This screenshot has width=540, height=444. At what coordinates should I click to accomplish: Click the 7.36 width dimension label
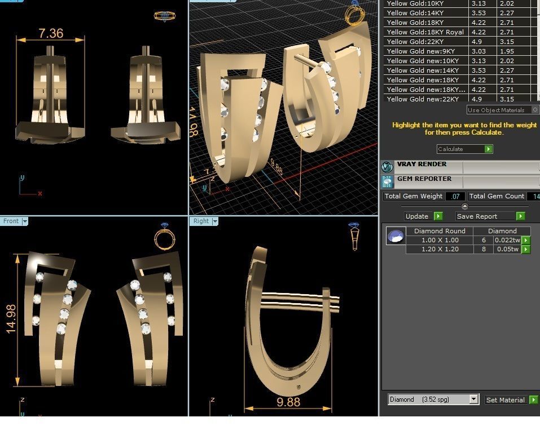tap(51, 34)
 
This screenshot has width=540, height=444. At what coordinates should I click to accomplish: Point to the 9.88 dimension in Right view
tap(288, 402)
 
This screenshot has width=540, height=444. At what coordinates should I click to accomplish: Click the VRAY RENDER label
tap(422, 165)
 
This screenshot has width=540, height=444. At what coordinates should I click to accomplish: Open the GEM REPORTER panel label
tap(424, 179)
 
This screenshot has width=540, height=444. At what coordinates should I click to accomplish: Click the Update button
tap(417, 216)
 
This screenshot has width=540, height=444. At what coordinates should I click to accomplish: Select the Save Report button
tap(477, 216)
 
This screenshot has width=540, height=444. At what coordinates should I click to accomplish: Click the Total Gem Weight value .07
tap(455, 197)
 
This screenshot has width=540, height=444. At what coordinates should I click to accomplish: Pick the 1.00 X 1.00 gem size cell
tap(440, 240)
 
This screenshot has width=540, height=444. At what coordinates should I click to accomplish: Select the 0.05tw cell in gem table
tap(506, 249)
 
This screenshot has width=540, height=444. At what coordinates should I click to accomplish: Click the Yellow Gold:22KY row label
tap(415, 42)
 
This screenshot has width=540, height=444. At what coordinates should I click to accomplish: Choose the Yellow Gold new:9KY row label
tap(420, 51)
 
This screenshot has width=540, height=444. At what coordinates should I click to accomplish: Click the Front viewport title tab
tap(11, 221)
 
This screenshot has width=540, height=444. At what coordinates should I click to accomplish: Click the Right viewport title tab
tap(201, 221)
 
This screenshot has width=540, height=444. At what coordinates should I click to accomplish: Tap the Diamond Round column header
tap(440, 231)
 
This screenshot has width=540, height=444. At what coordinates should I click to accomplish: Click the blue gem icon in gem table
tap(396, 236)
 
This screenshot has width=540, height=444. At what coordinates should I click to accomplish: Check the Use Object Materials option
tap(535, 110)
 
